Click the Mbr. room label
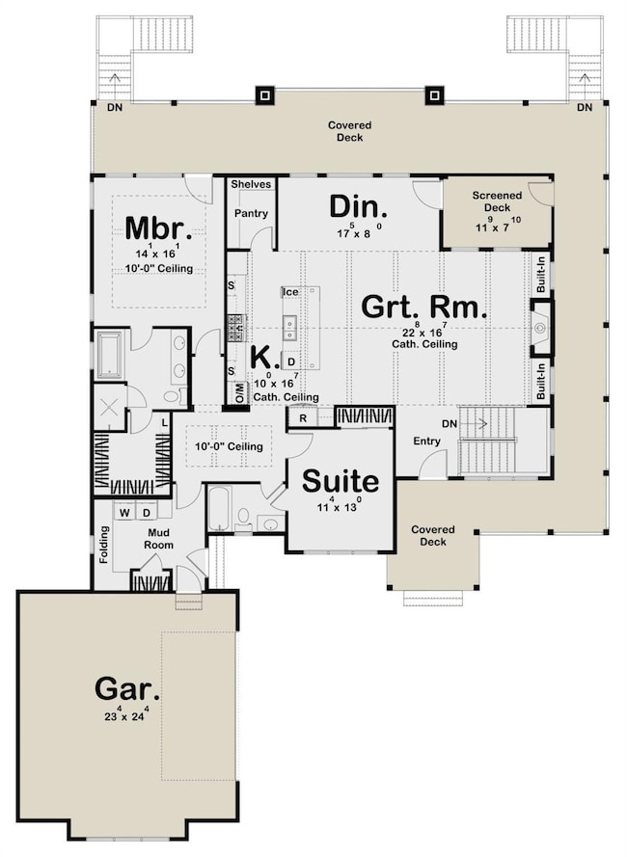pos(159,230)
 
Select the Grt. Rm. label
pos(423,307)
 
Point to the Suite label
pos(341,482)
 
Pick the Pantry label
pos(250,214)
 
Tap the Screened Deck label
pos(496,201)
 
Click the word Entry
pos(426,442)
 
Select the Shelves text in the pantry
pos(251,184)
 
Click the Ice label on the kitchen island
pos(288,291)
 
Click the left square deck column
pos(263,95)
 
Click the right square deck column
pos(435,95)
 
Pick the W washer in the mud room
pos(124,512)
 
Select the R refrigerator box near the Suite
pos(302,417)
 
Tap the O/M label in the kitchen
pos(238,392)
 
